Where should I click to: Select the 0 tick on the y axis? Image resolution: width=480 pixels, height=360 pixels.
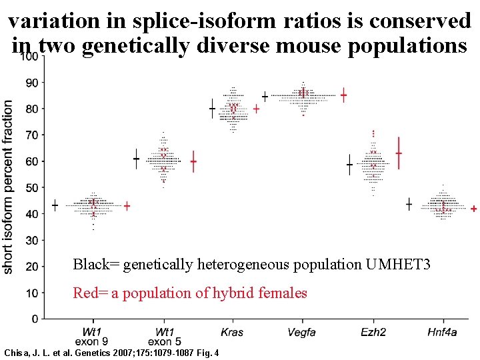(x=33, y=319)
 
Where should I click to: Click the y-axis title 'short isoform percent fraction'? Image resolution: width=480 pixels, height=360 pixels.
(x=8, y=187)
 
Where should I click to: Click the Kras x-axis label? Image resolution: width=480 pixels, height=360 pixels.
(x=231, y=332)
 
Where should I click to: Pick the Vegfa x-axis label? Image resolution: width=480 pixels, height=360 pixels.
(x=301, y=332)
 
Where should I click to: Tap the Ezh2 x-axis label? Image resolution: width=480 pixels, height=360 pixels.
(x=373, y=332)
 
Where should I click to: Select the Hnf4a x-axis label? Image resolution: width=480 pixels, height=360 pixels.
(x=443, y=332)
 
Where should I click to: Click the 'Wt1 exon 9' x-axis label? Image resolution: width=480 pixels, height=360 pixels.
(x=92, y=337)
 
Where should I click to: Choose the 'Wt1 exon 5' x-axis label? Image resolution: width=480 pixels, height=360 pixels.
(x=164, y=337)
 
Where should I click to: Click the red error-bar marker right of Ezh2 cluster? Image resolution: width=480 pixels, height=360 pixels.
(x=399, y=153)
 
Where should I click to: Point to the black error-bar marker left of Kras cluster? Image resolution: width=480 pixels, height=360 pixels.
(x=212, y=108)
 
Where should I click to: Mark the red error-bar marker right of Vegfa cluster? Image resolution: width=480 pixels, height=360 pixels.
(x=343, y=95)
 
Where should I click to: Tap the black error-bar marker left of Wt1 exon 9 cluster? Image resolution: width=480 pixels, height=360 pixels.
(x=55, y=205)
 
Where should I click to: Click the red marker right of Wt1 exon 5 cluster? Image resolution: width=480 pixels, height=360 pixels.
(x=193, y=161)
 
